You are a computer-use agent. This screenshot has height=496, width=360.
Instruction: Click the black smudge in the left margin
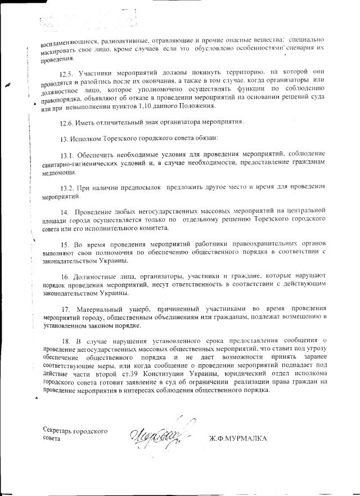[x=8, y=83]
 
